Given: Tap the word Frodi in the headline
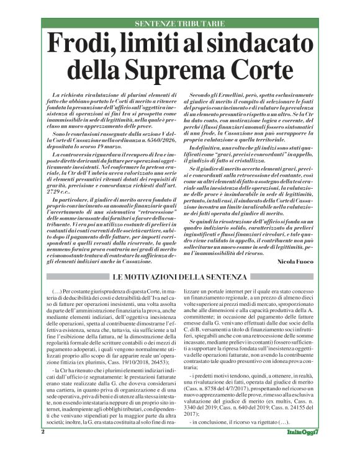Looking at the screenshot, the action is (86, 45).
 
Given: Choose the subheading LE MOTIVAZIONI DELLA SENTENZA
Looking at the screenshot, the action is (179, 277).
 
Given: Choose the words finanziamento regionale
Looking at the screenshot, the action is (232, 297).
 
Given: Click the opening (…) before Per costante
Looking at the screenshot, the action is (55, 290).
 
